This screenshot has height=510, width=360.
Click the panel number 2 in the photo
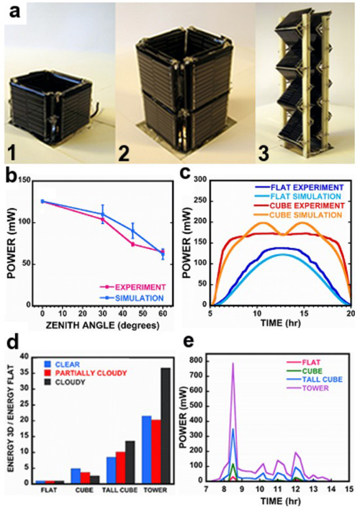tap(123, 151)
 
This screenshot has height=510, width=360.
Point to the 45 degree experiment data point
tap(132, 244)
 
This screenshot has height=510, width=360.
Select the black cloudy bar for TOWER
tap(166, 426)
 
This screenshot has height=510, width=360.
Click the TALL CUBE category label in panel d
tap(120, 490)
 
